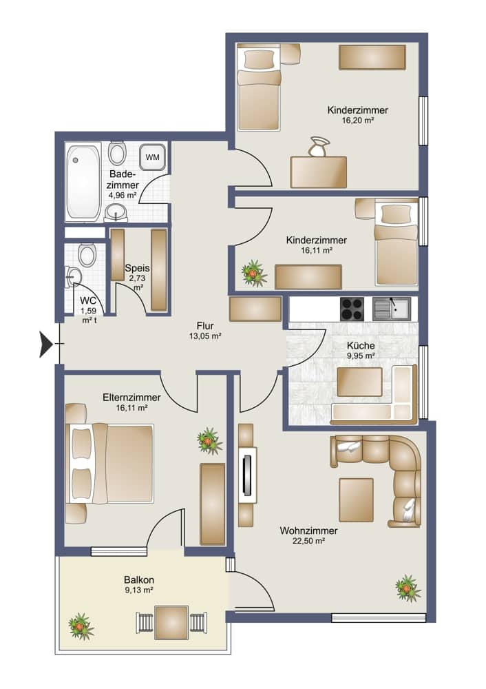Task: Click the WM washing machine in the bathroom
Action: click(x=152, y=157)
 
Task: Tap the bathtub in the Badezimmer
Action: click(x=83, y=182)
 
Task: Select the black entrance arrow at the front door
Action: click(x=46, y=344)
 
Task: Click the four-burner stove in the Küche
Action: click(x=352, y=309)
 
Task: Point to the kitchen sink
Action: click(x=392, y=309)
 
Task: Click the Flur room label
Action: click(x=205, y=326)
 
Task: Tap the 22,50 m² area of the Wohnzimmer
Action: click(x=308, y=542)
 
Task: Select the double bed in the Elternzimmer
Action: click(x=109, y=463)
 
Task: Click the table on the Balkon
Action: click(x=171, y=623)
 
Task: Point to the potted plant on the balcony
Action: click(x=82, y=626)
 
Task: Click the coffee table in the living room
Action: click(x=356, y=500)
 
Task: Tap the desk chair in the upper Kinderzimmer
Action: click(x=319, y=147)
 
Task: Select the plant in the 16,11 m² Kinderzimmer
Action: click(x=255, y=274)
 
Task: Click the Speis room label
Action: click(x=137, y=268)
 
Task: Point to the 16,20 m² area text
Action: click(x=358, y=121)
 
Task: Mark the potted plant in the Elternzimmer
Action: click(x=209, y=441)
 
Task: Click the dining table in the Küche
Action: click(x=359, y=382)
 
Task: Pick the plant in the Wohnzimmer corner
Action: click(x=408, y=588)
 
